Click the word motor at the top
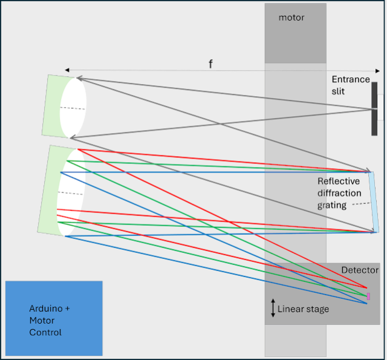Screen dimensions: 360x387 (291, 18)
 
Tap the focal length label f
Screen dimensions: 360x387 (210, 64)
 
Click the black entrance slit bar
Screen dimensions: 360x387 (374, 109)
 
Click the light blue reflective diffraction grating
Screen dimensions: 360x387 (374, 202)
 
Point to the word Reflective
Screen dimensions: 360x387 (339, 181)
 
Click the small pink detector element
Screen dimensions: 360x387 (368, 296)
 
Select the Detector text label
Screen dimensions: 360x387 (360, 270)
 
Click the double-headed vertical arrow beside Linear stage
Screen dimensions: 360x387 (273, 309)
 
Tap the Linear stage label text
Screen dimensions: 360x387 (304, 309)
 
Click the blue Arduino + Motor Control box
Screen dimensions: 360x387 (54, 318)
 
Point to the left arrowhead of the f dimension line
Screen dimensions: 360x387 (67, 70)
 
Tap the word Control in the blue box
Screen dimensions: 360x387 (45, 332)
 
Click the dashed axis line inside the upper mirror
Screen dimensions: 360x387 (73, 109)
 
